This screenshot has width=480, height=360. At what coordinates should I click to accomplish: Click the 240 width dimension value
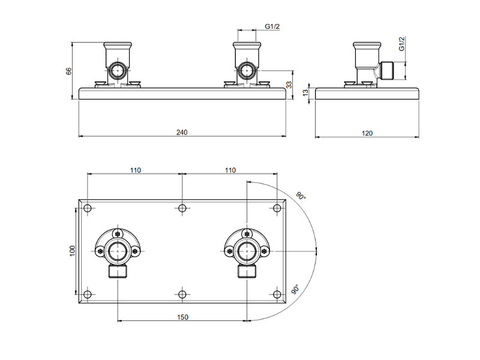click(x=182, y=132)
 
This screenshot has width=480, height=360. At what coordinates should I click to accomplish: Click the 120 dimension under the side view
click(x=367, y=133)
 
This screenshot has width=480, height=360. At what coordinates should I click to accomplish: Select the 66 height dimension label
click(x=68, y=71)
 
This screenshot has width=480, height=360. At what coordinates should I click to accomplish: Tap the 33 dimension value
click(x=289, y=85)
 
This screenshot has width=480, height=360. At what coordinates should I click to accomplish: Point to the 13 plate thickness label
click(x=305, y=93)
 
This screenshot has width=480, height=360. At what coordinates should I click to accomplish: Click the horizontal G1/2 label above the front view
click(x=272, y=26)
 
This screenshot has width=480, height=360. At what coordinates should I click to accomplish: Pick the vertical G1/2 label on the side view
click(x=401, y=44)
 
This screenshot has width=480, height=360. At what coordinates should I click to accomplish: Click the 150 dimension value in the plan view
click(x=183, y=317)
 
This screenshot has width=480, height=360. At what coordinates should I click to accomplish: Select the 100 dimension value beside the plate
click(x=72, y=251)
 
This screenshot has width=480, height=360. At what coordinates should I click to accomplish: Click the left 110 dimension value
click(x=136, y=170)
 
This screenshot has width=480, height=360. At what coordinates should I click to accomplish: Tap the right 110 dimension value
click(x=230, y=170)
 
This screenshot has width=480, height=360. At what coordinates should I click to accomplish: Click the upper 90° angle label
click(x=301, y=196)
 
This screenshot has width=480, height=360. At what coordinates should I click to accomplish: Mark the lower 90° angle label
click(x=295, y=289)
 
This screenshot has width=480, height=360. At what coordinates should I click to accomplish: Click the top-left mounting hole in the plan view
click(x=88, y=208)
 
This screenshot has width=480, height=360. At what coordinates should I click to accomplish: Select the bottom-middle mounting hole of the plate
click(x=182, y=295)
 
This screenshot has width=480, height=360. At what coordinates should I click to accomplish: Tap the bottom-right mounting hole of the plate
click(x=277, y=295)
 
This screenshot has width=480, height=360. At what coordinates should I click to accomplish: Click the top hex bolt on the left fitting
click(x=118, y=234)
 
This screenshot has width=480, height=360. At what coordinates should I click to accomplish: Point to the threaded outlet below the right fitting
click(x=247, y=271)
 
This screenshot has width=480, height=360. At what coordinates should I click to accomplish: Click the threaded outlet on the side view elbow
click(x=386, y=71)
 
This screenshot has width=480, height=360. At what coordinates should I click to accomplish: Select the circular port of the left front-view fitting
click(x=118, y=71)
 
